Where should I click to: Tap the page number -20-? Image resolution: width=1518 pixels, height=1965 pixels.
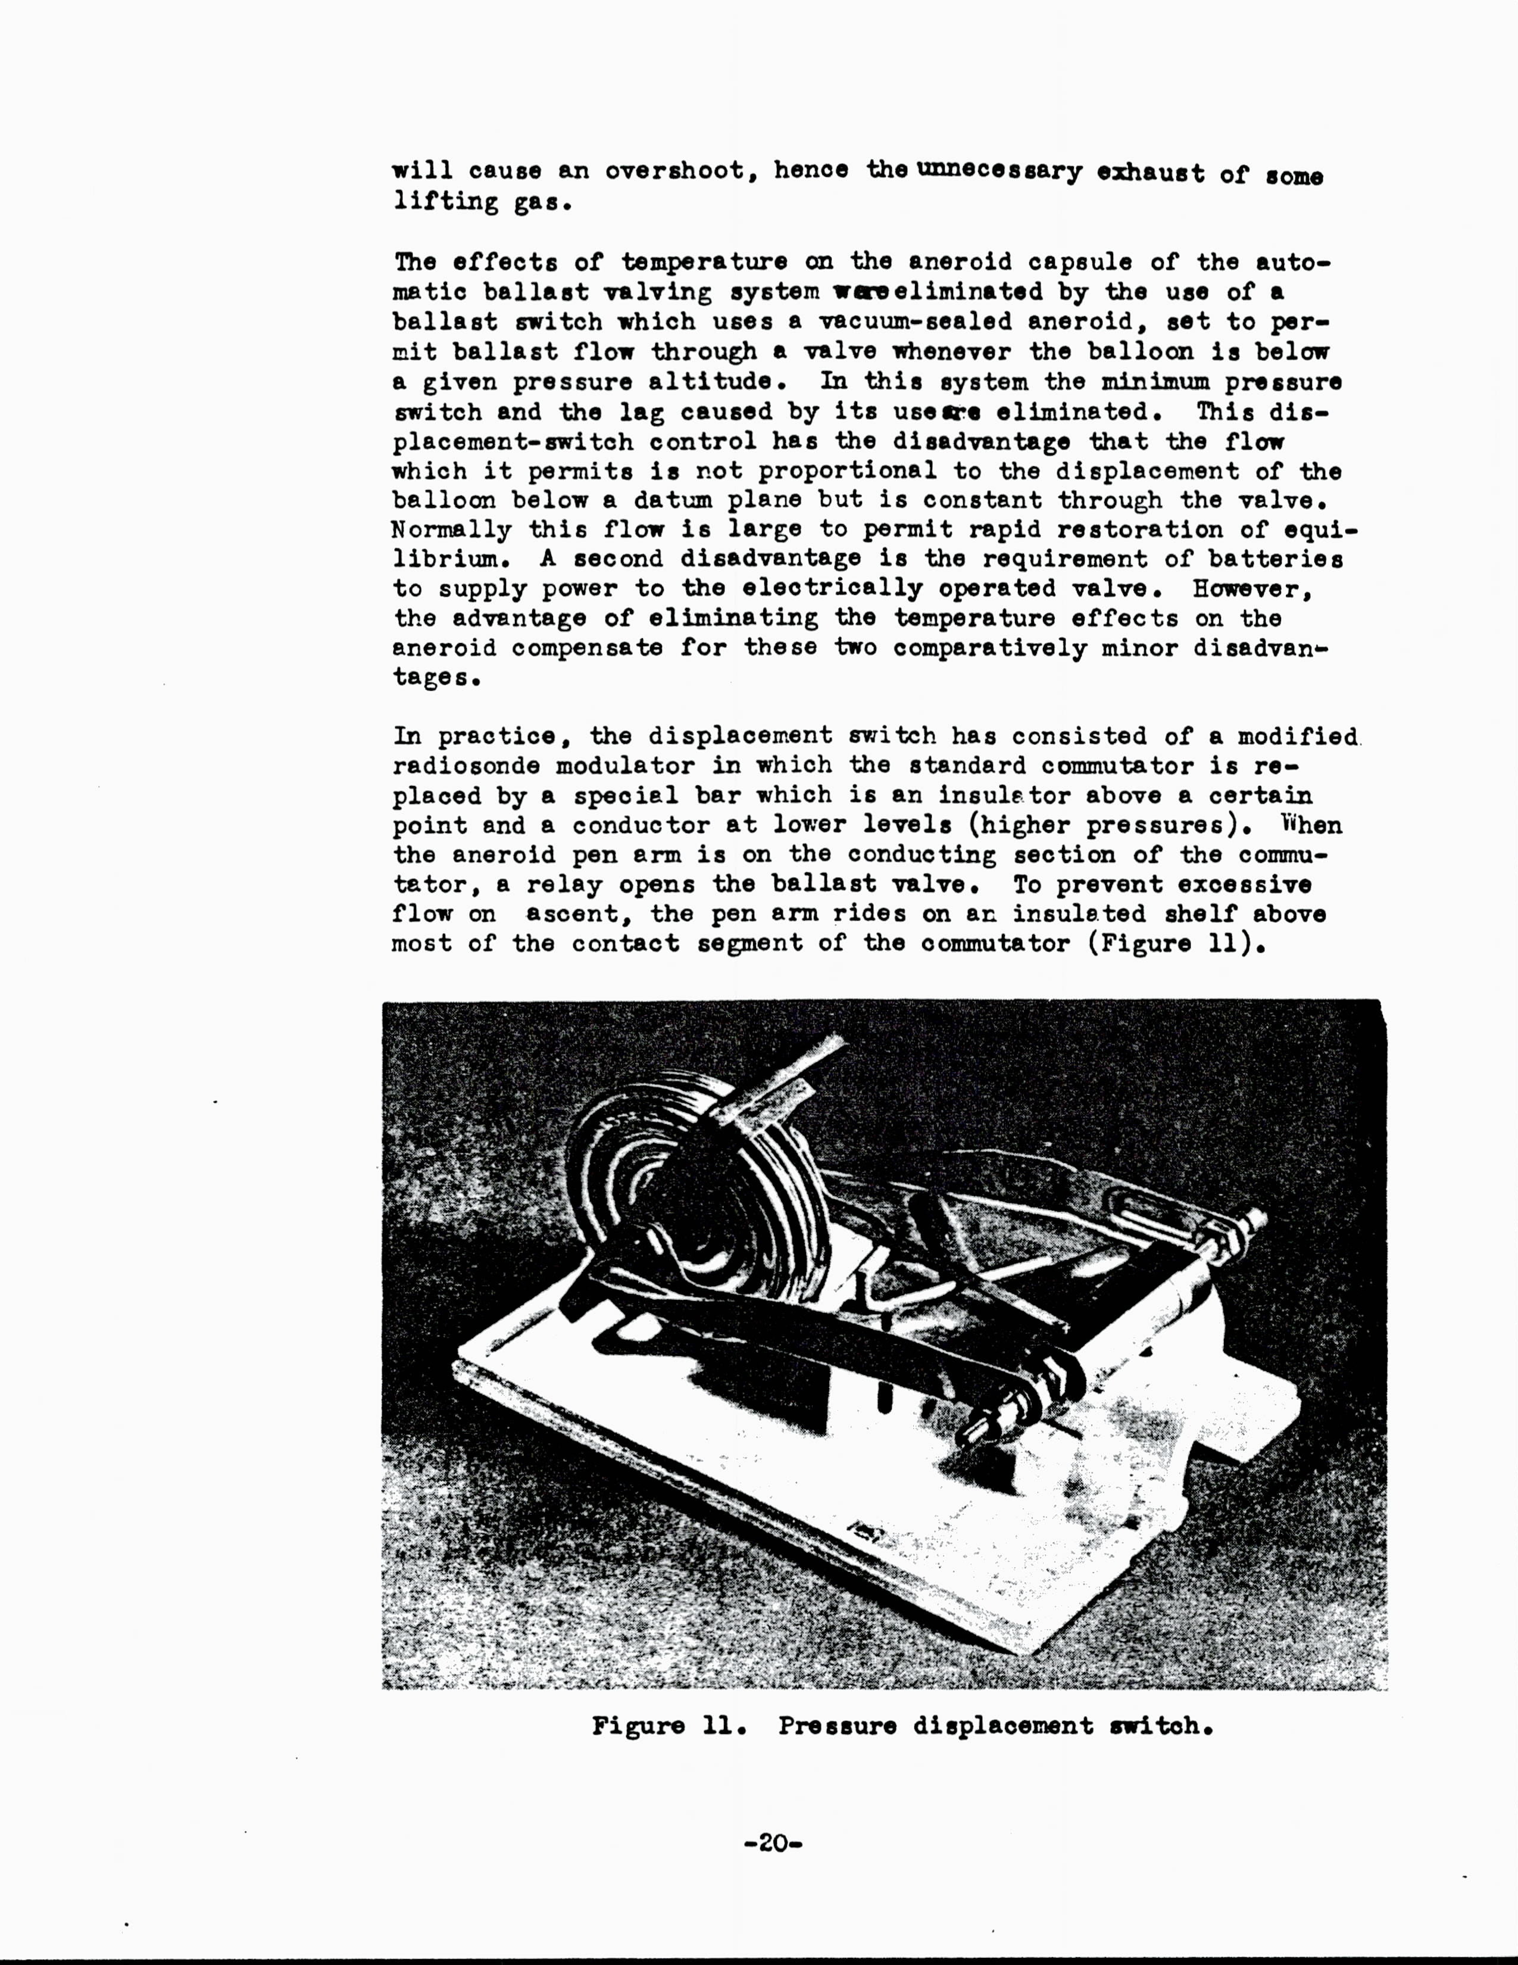773,1844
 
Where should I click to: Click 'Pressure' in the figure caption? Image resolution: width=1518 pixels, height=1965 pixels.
837,1726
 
